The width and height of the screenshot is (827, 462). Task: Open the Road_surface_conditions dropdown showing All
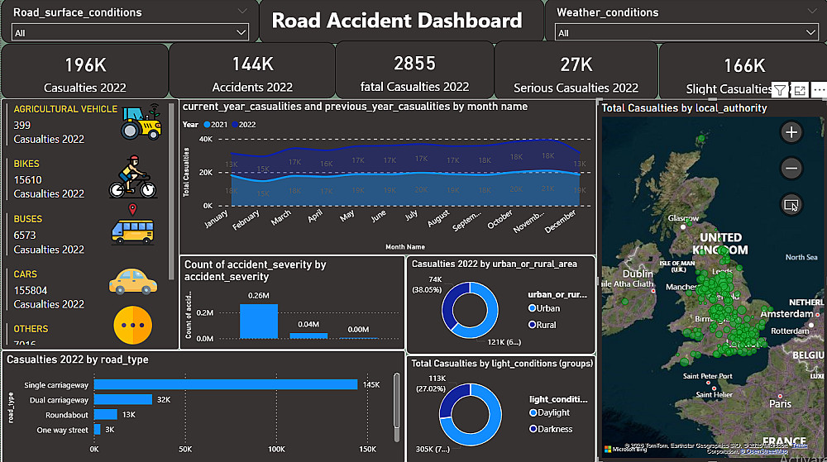130,33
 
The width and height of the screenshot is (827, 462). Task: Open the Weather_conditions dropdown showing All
686,33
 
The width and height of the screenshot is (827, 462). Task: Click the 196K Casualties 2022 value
85,64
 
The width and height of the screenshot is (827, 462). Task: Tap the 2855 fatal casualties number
414,64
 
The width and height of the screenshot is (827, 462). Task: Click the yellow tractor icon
141,121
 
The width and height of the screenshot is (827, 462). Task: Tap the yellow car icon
132,281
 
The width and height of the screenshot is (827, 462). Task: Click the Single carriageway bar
225,384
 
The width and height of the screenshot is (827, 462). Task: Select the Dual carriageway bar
122,399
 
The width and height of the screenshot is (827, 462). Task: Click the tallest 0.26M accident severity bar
259,321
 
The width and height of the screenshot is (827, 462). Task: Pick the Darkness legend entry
553,429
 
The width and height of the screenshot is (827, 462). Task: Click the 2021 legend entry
217,124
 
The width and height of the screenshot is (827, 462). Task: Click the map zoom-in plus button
791,132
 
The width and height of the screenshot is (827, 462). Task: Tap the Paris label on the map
779,404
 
